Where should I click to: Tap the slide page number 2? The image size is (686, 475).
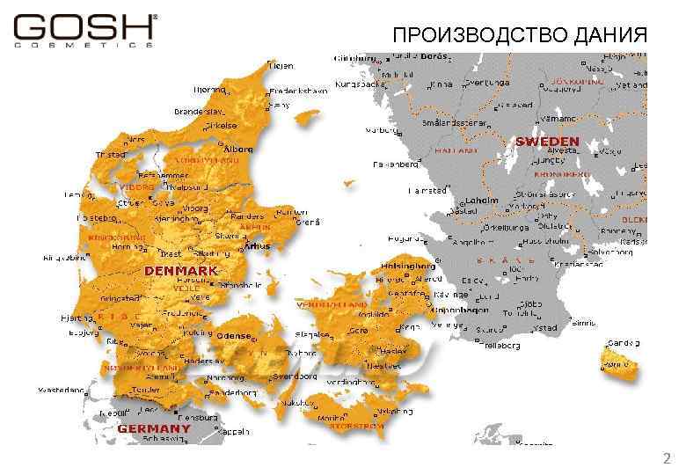tap(666, 458)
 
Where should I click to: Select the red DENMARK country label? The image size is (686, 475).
tap(181, 271)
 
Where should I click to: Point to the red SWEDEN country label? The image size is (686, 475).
tap(547, 141)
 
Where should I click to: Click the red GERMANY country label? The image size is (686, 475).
tap(154, 428)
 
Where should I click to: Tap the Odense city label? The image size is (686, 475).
tap(234, 335)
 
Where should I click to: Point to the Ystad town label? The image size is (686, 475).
tap(546, 328)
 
